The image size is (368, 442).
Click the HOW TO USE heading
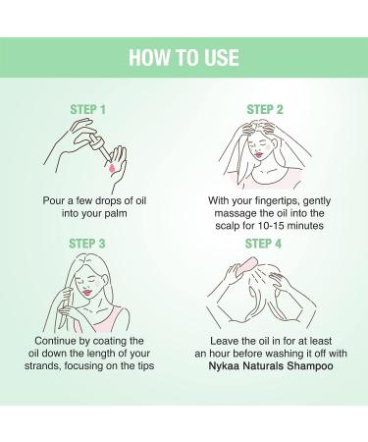184,58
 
